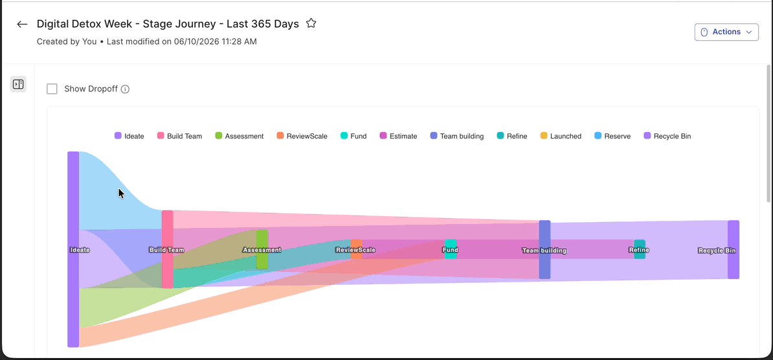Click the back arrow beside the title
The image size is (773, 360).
coord(22,24)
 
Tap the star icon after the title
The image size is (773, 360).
coord(311,23)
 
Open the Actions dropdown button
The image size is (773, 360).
coord(726,32)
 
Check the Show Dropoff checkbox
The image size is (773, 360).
coord(52,89)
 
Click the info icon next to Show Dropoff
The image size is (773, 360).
coord(125,89)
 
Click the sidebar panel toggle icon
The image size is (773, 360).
coord(18,84)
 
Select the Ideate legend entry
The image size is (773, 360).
coord(129,136)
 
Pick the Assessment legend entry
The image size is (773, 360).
coord(239,136)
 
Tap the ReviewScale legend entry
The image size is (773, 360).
coord(302,136)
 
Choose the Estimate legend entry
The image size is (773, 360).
coord(398,136)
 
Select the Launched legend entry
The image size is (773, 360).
coord(561,136)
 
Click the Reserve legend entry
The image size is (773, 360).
coord(612,136)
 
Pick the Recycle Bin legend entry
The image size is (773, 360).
coord(667,136)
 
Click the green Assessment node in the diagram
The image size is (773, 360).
coord(262,249)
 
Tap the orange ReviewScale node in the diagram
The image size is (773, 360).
coord(357,249)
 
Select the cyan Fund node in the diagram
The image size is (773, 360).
coord(451,249)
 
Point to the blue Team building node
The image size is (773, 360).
coord(544,249)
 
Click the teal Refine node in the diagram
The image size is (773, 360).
coord(640,249)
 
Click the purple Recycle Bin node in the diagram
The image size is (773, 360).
coord(734,249)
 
